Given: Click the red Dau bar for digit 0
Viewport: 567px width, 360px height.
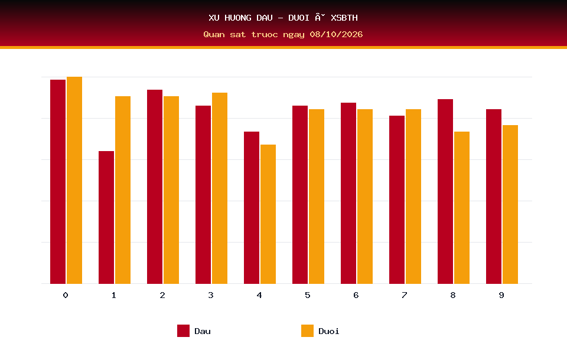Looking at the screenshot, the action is click(x=58, y=181).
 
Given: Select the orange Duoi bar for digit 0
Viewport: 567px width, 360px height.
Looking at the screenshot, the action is click(x=74, y=180).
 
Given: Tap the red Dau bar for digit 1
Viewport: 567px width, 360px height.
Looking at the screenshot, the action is click(x=106, y=217).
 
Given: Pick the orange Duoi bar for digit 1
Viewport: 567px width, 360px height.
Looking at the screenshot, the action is click(x=123, y=190).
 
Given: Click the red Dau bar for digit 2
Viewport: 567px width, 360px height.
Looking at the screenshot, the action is click(x=155, y=186).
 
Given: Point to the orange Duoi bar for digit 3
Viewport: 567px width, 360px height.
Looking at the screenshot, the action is click(x=220, y=188).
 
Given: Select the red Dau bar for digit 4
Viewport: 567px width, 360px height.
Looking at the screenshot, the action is click(x=252, y=208).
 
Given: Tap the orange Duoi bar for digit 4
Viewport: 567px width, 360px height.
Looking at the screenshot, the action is click(x=268, y=214).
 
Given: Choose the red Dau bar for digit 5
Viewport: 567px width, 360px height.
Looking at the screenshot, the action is click(x=300, y=194).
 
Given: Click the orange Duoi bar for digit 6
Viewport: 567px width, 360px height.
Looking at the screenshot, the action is click(x=365, y=197).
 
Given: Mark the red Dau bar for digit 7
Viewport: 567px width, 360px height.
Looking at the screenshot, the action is click(x=397, y=199).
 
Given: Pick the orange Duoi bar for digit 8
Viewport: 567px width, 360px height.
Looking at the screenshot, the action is click(x=462, y=208).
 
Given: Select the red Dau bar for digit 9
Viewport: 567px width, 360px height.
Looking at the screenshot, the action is click(x=494, y=197).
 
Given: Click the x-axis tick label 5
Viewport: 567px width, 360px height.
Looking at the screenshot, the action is click(x=307, y=295).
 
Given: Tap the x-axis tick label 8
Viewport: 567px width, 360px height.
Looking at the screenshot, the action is click(x=453, y=295).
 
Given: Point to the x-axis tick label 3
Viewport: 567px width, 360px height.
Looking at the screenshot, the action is click(x=211, y=295).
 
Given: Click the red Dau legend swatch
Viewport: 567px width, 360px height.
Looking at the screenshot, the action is click(x=183, y=330).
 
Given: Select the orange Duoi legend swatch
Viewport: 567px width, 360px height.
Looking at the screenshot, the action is click(x=307, y=330).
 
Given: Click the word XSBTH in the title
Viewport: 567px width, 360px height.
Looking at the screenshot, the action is click(x=344, y=18).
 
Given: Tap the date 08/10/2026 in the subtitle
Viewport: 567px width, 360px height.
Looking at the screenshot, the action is click(x=336, y=34).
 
